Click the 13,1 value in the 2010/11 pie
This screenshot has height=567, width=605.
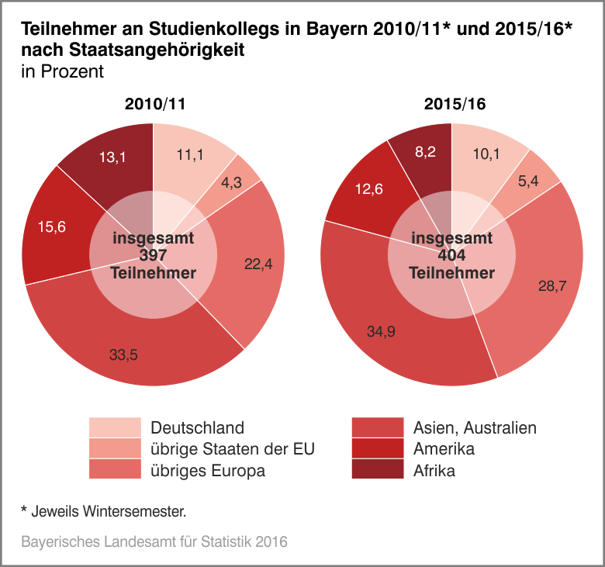(x=112, y=157)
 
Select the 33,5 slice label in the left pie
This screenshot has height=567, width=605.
(x=123, y=354)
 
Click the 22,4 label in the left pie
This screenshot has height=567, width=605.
(x=258, y=264)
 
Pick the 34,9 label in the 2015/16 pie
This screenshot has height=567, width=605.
(x=382, y=331)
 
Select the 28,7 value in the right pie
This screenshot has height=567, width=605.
(x=552, y=285)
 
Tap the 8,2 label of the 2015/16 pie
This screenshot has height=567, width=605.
(x=426, y=152)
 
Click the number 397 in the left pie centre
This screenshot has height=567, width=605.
(x=154, y=256)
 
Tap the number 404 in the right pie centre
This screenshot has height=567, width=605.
(x=451, y=256)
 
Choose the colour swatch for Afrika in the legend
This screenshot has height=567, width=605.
(x=377, y=470)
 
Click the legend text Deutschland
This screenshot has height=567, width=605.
(x=197, y=427)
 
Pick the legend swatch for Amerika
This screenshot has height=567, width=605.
(x=377, y=448)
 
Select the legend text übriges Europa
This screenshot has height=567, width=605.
(x=208, y=470)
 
